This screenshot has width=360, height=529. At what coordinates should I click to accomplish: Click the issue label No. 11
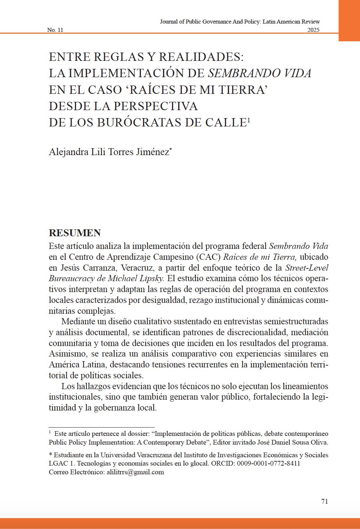tap(55, 30)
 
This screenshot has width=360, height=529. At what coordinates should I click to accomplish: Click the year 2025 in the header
tap(313, 30)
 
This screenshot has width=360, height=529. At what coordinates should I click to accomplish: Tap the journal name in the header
tap(240, 22)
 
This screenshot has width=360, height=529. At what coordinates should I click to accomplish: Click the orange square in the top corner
tap(349, 20)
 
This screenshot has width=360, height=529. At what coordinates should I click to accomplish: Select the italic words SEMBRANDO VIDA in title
tap(259, 73)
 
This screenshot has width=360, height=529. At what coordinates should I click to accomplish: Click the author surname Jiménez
tap(152, 152)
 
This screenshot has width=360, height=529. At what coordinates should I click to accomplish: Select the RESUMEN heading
tap(75, 233)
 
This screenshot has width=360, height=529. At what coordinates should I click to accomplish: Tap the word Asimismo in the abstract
tap(68, 354)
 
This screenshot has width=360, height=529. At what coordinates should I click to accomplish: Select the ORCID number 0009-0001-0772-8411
tap(268, 463)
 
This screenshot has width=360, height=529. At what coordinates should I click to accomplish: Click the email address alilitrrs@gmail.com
tap(135, 472)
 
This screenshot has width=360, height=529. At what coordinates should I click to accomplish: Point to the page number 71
tap(325, 501)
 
